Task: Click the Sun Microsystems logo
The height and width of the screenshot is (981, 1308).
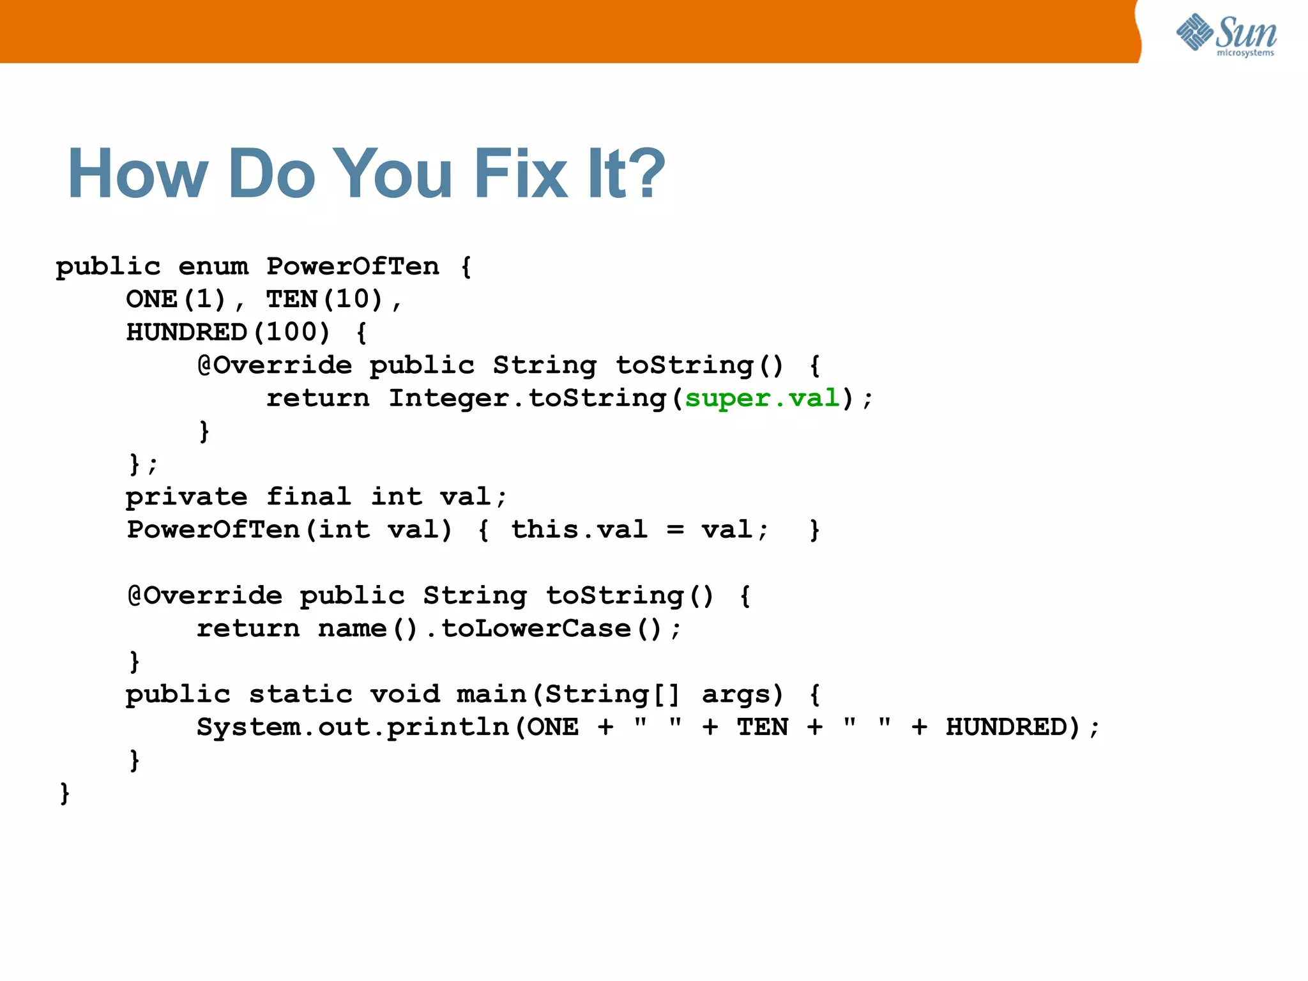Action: (1226, 35)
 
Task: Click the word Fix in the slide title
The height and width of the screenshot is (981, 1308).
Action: (521, 174)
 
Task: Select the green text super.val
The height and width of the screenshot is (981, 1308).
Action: (763, 399)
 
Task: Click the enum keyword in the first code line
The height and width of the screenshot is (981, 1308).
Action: (213, 267)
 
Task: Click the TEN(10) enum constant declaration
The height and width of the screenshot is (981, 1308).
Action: (324, 300)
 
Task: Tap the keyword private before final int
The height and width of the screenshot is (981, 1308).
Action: (186, 497)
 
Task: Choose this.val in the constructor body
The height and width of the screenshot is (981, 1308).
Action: (579, 530)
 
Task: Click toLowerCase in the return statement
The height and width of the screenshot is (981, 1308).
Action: (536, 629)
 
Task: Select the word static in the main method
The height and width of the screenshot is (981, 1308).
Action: (300, 695)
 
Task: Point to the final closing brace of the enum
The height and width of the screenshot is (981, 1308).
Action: (65, 794)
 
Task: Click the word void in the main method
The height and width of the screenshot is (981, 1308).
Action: (405, 695)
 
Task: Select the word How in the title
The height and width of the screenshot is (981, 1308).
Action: (138, 174)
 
